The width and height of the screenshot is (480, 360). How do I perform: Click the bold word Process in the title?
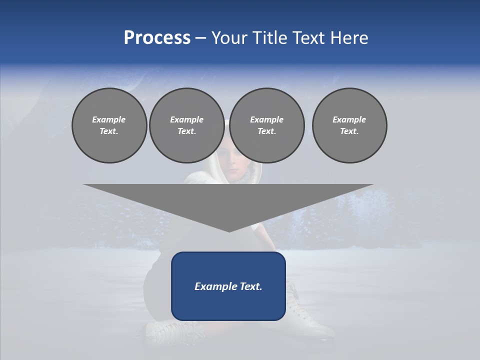pos(157,38)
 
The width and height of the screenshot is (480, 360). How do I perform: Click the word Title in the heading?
pos(268,38)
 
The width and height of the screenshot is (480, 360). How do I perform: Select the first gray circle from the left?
pos(109,125)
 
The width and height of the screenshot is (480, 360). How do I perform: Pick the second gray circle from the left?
pos(187,125)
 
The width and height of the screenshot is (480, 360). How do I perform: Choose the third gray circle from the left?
pos(267,125)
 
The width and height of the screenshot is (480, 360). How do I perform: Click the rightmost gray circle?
pos(349,125)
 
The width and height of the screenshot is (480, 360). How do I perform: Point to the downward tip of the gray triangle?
pos(229,230)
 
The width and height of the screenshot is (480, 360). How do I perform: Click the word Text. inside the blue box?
pos(251,286)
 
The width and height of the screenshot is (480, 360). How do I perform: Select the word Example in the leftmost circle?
pos(109,119)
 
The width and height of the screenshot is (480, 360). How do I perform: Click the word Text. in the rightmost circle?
pos(349,131)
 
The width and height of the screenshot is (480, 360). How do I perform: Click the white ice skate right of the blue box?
pos(307,315)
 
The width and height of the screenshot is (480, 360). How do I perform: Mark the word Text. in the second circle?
pos(187,131)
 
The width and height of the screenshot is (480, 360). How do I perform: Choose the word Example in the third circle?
pos(267,119)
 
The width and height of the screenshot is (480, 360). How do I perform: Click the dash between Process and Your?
pos(200,38)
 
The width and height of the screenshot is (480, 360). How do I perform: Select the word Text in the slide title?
pos(308,38)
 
